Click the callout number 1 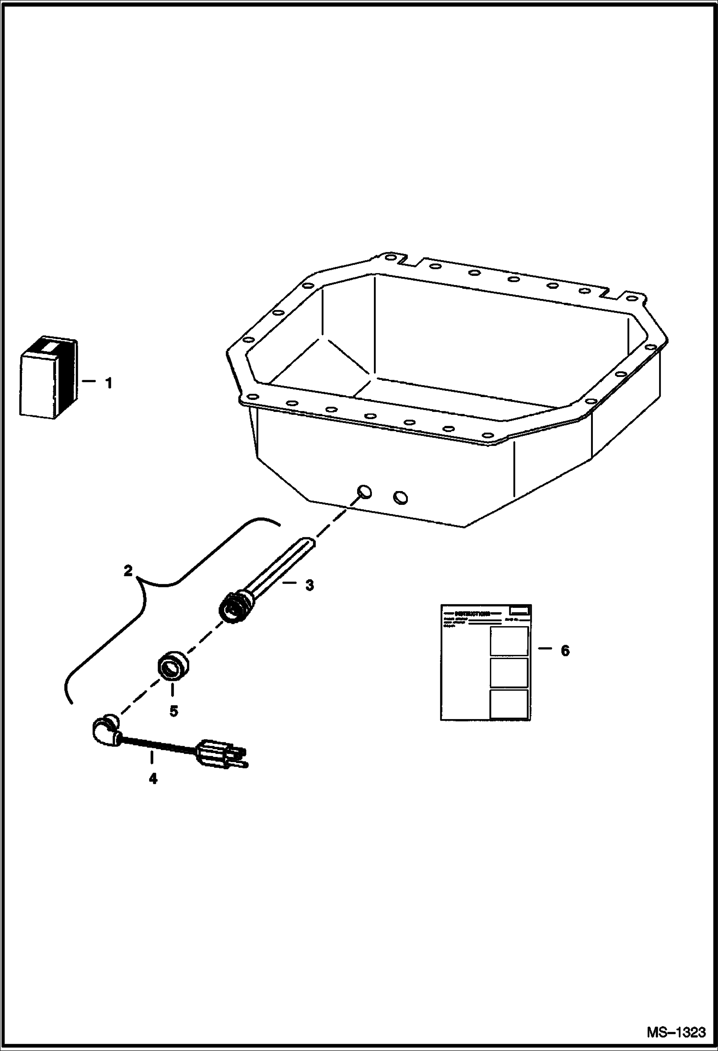pyautogui.click(x=109, y=383)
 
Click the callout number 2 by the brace pyautogui.click(x=127, y=571)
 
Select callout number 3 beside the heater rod pyautogui.click(x=310, y=585)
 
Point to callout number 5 pyautogui.click(x=174, y=711)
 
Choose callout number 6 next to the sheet pyautogui.click(x=565, y=651)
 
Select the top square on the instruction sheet pyautogui.click(x=509, y=641)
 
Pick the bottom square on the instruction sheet pyautogui.click(x=509, y=704)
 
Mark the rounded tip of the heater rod pyautogui.click(x=308, y=543)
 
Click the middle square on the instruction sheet pyautogui.click(x=509, y=673)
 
